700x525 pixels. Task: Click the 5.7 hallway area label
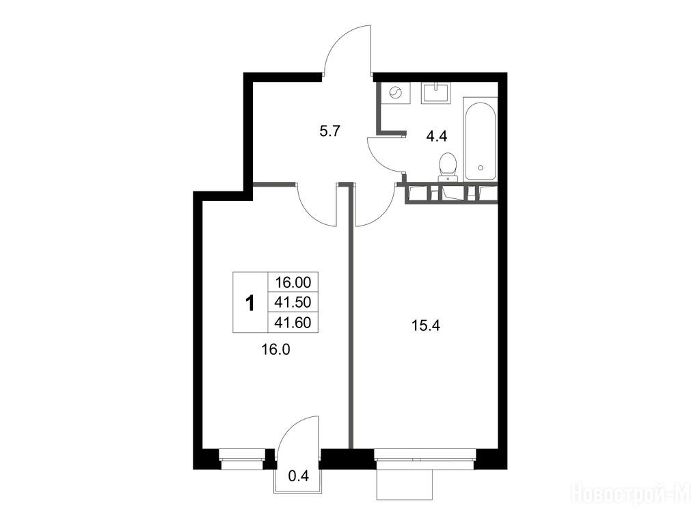pos(330,132)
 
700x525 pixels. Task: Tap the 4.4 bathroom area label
pos(436,136)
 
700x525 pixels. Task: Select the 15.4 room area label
pos(425,326)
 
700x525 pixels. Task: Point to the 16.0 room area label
pos(275,349)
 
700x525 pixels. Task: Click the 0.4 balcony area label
pos(299,476)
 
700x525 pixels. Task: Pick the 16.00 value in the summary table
pos(293,282)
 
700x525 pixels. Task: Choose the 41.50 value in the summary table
pos(293,302)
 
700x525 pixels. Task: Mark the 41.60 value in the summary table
pos(293,323)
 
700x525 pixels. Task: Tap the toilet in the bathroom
pos(448,168)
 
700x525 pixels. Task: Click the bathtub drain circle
pos(481,168)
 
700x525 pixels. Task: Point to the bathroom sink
pos(435,93)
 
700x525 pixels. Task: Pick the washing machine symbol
pos(395,93)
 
